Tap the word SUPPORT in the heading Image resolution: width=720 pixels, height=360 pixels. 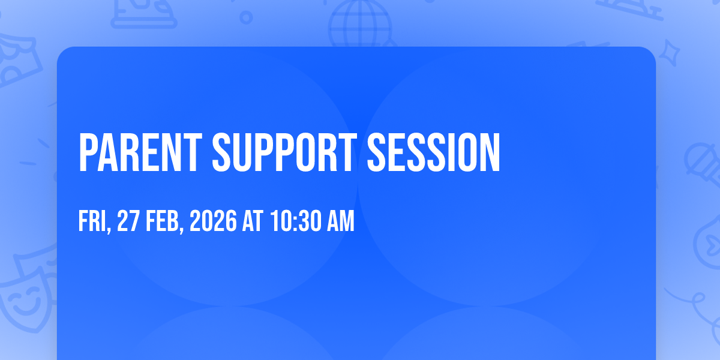click(x=284, y=152)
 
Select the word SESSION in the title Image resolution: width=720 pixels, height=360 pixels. click(x=433, y=152)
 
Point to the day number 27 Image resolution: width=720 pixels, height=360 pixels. click(x=128, y=221)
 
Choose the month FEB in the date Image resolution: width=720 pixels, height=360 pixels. click(x=162, y=221)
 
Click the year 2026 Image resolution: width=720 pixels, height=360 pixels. click(x=213, y=221)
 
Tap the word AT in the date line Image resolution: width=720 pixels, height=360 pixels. click(x=253, y=221)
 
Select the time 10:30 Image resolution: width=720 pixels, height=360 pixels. click(x=295, y=221)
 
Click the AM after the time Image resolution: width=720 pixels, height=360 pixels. click(x=341, y=221)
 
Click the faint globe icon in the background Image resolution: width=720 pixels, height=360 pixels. click(x=361, y=24)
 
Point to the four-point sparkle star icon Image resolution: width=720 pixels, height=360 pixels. click(x=670, y=53)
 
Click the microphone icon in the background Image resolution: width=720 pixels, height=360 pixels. click(x=703, y=164)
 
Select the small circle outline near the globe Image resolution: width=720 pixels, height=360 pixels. click(x=246, y=17)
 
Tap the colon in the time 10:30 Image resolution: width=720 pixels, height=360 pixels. click(x=295, y=222)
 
